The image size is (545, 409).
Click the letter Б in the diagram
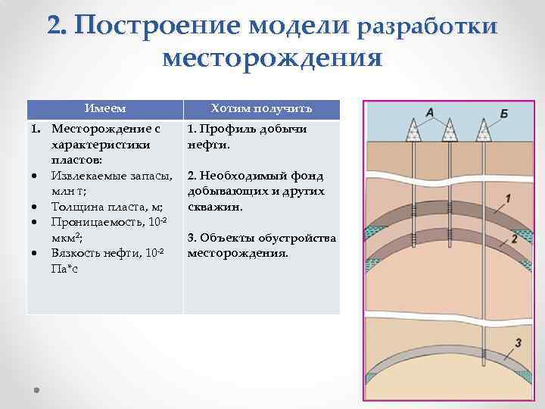click(x=503, y=114)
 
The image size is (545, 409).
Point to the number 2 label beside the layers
click(x=514, y=238)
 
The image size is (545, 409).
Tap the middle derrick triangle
click(x=448, y=132)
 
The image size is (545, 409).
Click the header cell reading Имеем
click(x=104, y=109)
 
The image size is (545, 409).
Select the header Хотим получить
click(x=261, y=109)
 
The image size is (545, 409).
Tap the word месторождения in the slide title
click(x=272, y=58)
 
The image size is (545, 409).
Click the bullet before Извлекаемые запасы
click(x=36, y=176)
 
